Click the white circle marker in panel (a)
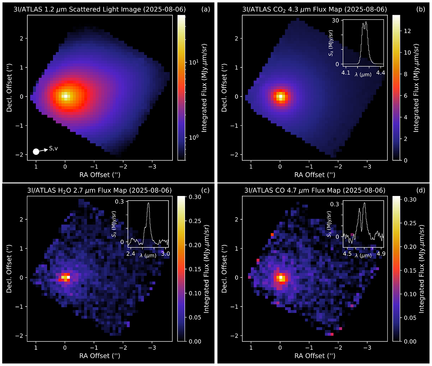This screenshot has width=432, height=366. tap(36, 151)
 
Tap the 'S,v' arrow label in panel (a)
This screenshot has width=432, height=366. tap(54, 148)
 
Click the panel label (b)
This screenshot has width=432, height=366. tap(420, 10)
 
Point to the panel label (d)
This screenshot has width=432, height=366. tap(420, 190)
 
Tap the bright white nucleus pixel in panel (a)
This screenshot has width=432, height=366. tap(65, 96)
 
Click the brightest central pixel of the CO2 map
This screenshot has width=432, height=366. tap(280, 96)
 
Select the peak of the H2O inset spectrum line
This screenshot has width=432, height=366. tap(148, 203)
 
